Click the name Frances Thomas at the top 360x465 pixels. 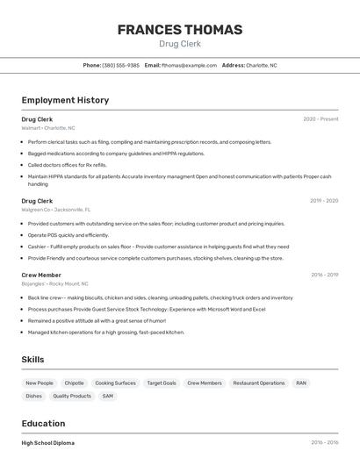coord(179,30)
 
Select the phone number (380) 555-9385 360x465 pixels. coord(120,65)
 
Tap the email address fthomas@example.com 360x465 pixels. coord(189,65)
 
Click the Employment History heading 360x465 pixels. coord(65,100)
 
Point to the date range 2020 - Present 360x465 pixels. coord(320,119)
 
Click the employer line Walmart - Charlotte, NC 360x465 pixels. coord(48,128)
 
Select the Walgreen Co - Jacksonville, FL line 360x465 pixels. coord(56,210)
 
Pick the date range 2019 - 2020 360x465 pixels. coord(323,201)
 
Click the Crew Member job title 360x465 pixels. coord(40,275)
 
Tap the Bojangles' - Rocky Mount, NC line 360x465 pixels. coord(55,283)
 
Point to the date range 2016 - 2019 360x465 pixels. coord(324,275)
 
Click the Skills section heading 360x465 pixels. coord(32,360)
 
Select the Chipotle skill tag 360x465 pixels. coord(74,383)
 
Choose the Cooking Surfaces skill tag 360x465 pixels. coord(115,383)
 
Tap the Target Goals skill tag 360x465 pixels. coord(162,383)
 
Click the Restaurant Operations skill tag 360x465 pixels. coord(259,383)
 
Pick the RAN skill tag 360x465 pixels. coord(301,383)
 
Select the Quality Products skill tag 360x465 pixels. coord(72,397)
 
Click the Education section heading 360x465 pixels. coord(43,423)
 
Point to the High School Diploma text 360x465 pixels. coord(48,443)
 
